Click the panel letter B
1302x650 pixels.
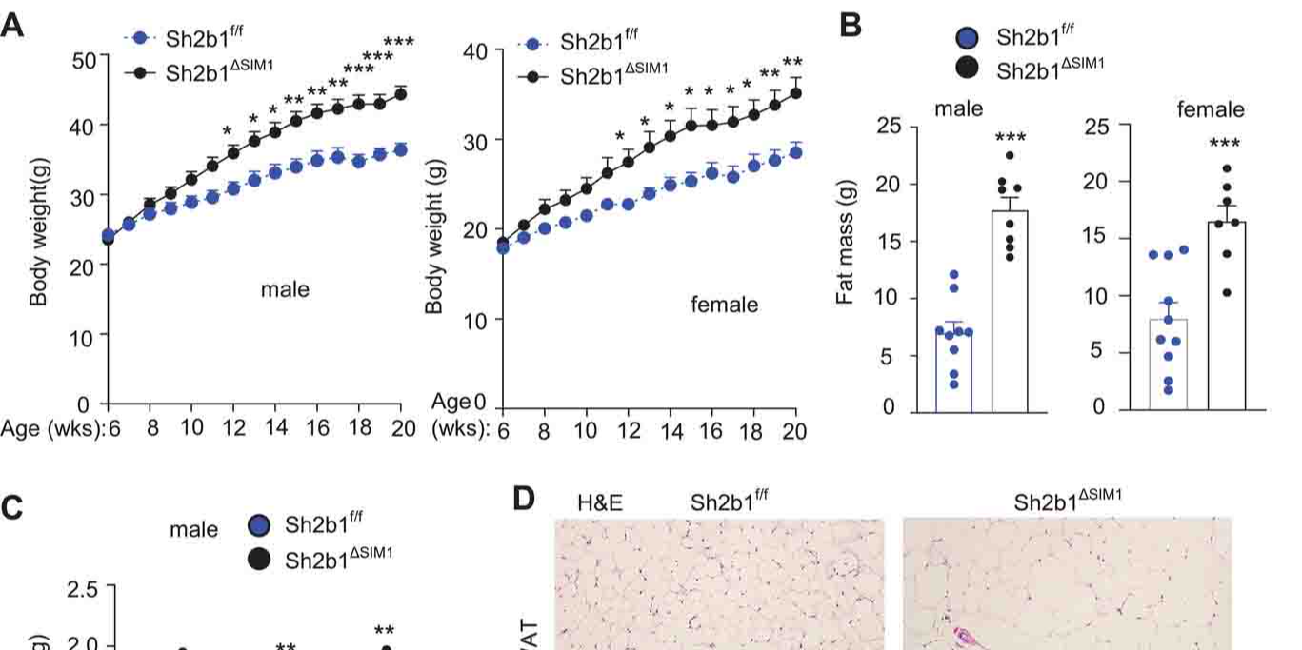click(851, 26)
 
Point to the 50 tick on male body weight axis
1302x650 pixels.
click(84, 60)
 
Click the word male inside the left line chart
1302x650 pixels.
click(285, 288)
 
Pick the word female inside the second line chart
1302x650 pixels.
click(725, 305)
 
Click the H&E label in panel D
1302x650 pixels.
click(600, 502)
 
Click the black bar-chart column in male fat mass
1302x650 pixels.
click(1010, 314)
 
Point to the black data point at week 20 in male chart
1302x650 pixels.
click(401, 93)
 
